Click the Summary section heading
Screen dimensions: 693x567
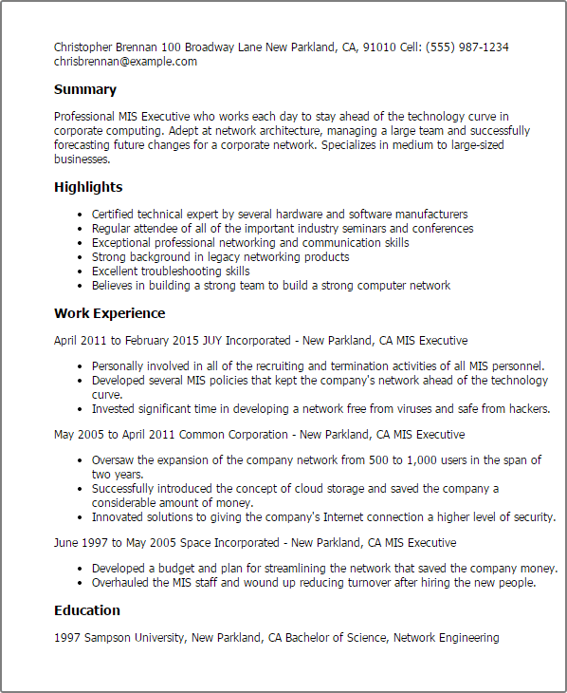pyautogui.click(x=85, y=90)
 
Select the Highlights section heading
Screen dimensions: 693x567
pyautogui.click(x=88, y=187)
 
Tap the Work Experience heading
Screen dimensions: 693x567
pyautogui.click(x=109, y=313)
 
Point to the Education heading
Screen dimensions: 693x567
pyautogui.click(x=87, y=610)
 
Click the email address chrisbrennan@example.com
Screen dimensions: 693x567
pyautogui.click(x=125, y=61)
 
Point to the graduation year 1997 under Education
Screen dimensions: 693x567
pyautogui.click(x=68, y=638)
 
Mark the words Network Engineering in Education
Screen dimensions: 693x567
pyautogui.click(x=446, y=638)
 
